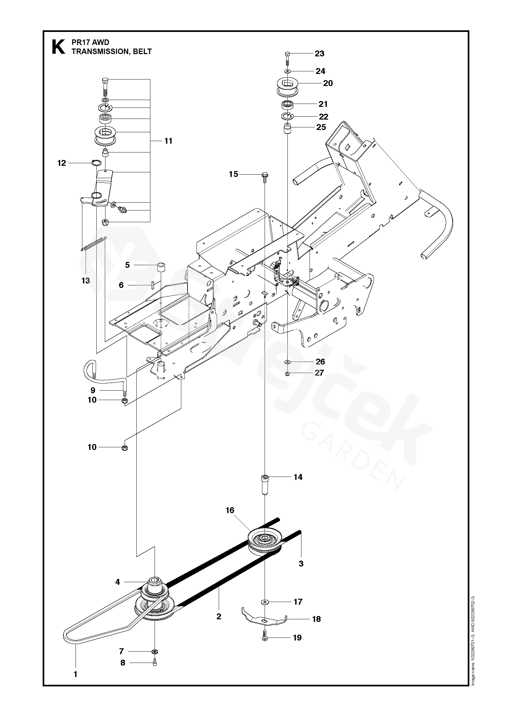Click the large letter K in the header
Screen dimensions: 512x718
58,47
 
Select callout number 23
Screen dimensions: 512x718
320,53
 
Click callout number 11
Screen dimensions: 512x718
168,141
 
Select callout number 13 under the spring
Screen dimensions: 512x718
86,280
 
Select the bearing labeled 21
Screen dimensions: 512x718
287,105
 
